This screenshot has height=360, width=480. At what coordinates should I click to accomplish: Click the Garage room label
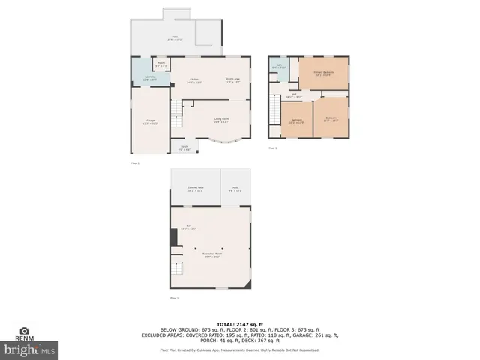tap(151, 121)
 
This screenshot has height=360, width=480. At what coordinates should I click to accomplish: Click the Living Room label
tap(221, 120)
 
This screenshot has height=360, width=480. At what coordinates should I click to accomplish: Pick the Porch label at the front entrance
tap(184, 148)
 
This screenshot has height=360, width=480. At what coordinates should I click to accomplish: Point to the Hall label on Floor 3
tap(296, 95)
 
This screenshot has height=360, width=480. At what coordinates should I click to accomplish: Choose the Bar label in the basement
tap(190, 227)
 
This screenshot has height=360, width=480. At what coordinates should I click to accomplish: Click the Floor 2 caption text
tap(135, 163)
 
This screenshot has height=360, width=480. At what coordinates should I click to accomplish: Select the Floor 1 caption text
tap(175, 298)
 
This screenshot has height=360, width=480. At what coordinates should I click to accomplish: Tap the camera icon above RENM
tap(24, 330)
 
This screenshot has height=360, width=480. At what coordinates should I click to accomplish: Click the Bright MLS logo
tap(30, 349)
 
